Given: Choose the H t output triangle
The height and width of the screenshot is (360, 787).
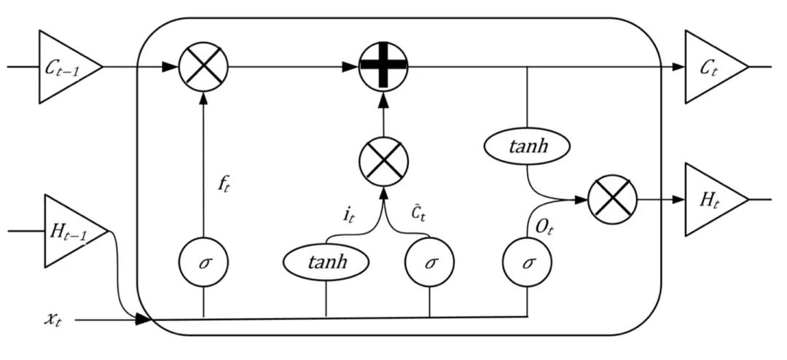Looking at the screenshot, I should tap(710, 200).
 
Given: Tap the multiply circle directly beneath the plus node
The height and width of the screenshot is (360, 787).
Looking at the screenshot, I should tap(384, 161).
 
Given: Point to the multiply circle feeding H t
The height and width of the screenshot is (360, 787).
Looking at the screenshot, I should tap(612, 200).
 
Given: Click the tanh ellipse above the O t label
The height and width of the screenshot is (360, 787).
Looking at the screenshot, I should tap(526, 147).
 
